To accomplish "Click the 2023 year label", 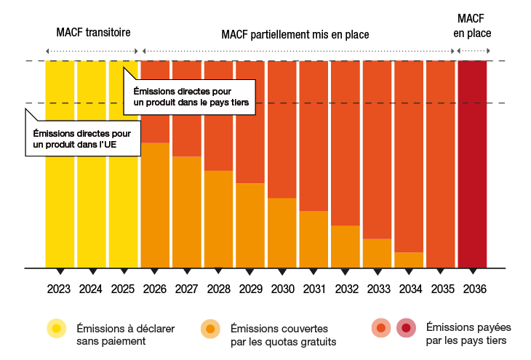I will (x=59, y=289).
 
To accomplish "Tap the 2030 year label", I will (x=282, y=289).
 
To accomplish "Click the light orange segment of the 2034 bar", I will (x=408, y=260).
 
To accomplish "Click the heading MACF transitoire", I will (x=92, y=33).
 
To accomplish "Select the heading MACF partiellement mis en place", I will (x=295, y=34).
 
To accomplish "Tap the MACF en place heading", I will (x=472, y=25).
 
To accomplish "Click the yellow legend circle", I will (x=57, y=328).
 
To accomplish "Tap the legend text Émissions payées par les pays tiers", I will (x=466, y=334).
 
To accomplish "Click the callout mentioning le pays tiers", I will (x=192, y=97).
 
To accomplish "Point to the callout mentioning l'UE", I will (x=82, y=139).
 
